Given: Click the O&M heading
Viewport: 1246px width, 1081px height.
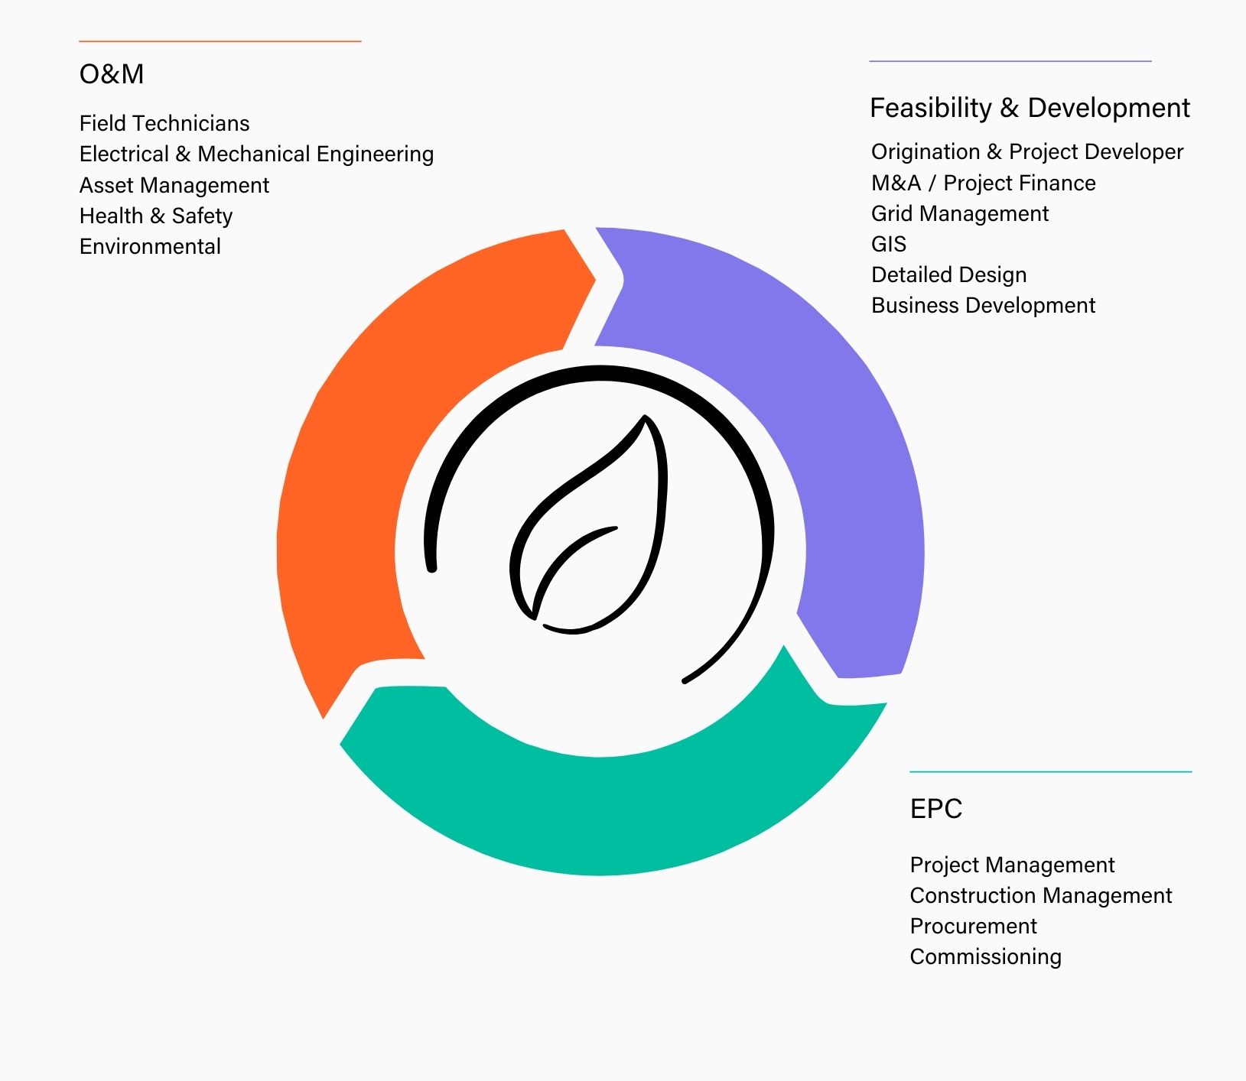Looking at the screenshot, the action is pyautogui.click(x=112, y=74).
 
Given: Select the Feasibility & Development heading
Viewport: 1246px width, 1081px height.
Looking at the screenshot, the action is pyautogui.click(x=1030, y=108).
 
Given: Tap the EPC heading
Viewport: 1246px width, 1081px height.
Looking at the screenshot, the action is pyautogui.click(x=936, y=809).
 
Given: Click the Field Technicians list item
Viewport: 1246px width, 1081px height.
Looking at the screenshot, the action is pyautogui.click(x=164, y=123).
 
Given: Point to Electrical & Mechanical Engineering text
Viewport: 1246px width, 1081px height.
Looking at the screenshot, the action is pyautogui.click(x=256, y=154).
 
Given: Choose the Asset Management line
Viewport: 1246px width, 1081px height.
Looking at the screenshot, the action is pyautogui.click(x=174, y=186).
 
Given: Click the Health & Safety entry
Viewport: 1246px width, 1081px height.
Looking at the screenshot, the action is pyautogui.click(x=156, y=216).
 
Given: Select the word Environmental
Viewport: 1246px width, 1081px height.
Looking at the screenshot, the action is pyautogui.click(x=150, y=246).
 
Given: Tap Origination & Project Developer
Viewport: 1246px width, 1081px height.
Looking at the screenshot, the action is pyautogui.click(x=1027, y=152).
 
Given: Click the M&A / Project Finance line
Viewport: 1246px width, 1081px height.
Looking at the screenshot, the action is pyautogui.click(x=984, y=183).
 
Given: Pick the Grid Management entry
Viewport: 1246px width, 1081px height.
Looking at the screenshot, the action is pyautogui.click(x=960, y=214).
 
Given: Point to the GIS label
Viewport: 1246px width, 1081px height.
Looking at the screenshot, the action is pyautogui.click(x=889, y=244).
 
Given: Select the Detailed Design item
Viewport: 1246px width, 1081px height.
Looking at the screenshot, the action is pyautogui.click(x=949, y=275).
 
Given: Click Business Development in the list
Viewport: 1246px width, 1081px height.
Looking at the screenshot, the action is pyautogui.click(x=984, y=306).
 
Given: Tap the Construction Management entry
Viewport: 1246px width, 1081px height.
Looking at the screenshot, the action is pyautogui.click(x=1041, y=895).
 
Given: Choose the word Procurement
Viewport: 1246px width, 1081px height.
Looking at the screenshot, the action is pyautogui.click(x=973, y=926).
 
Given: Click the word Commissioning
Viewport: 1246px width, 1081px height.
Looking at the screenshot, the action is pyautogui.click(x=986, y=957).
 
